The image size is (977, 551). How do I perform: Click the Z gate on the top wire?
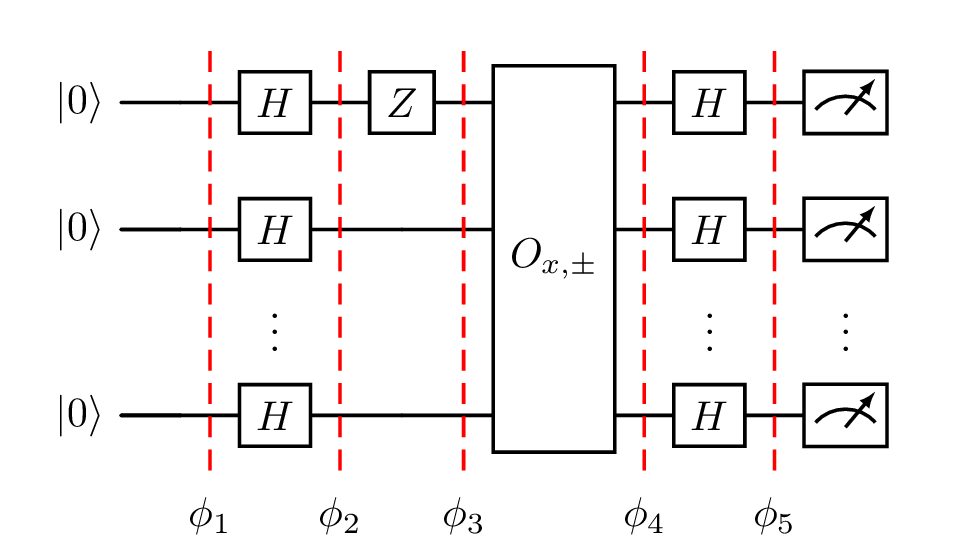click(x=401, y=102)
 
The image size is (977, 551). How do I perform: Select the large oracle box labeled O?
click(x=553, y=258)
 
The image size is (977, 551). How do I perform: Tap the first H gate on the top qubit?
click(x=274, y=102)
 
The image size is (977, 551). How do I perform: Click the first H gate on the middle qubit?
click(x=274, y=229)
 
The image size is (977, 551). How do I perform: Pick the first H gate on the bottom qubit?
click(x=274, y=415)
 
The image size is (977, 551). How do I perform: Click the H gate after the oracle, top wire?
click(x=709, y=102)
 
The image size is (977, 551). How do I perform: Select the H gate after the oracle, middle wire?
click(x=709, y=229)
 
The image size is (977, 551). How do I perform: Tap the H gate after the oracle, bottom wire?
click(x=709, y=415)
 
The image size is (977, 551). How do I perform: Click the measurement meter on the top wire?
click(x=845, y=102)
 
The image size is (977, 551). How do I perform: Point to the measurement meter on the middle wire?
click(x=845, y=229)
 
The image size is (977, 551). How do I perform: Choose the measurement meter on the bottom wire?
click(x=845, y=415)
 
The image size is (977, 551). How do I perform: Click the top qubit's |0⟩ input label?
click(x=79, y=103)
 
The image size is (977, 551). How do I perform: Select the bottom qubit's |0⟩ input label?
click(x=79, y=416)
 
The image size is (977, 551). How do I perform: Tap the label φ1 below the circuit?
click(x=208, y=516)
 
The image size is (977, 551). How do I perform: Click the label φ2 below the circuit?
click(x=339, y=516)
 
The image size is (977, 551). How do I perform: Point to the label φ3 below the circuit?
click(x=463, y=516)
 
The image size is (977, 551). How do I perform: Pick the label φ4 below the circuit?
click(x=643, y=516)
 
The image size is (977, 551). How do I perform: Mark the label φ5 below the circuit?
click(x=773, y=516)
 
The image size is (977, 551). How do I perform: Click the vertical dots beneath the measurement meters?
click(x=845, y=332)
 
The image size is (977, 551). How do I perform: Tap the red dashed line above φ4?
click(x=643, y=300)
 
